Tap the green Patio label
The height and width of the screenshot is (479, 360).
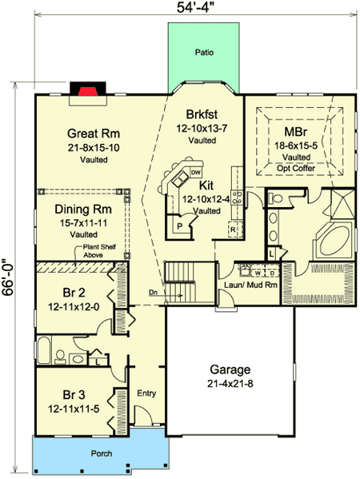click(203, 54)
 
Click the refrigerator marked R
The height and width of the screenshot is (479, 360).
click(234, 229)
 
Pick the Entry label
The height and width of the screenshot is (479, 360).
click(145, 393)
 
